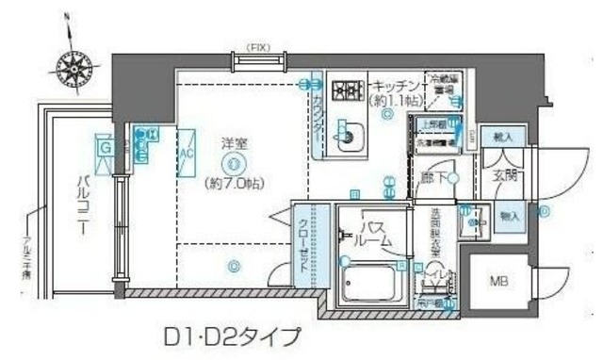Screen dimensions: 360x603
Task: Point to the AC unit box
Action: tap(186, 154)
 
